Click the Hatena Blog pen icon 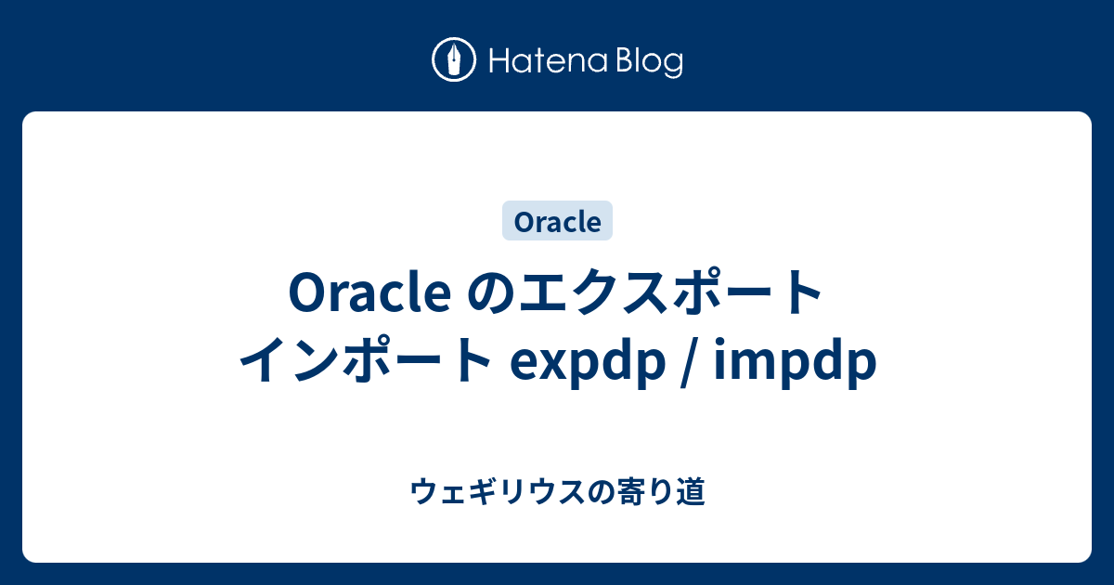454,60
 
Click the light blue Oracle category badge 557,222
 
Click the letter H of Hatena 497,61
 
